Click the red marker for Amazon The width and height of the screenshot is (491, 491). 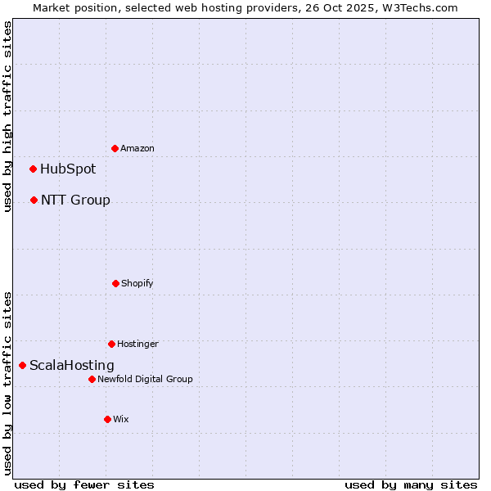pyautogui.click(x=115, y=148)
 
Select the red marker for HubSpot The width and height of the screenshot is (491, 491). pyautogui.click(x=33, y=169)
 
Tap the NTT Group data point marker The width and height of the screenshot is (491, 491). pyautogui.click(x=34, y=200)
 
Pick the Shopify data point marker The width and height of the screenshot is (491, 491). pyautogui.click(x=115, y=283)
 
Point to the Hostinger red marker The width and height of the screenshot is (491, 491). pyautogui.click(x=111, y=344)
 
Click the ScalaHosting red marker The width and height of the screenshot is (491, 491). pyautogui.click(x=22, y=365)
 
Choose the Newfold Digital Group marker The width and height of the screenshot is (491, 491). pyautogui.click(x=92, y=379)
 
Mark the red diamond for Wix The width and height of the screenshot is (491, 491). pyautogui.click(x=107, y=419)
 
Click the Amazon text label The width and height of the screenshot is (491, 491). pyautogui.click(x=137, y=148)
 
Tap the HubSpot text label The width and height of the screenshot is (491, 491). pyautogui.click(x=68, y=169)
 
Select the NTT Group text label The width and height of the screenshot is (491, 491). pyautogui.click(x=75, y=200)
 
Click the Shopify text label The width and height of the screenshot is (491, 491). pyautogui.click(x=137, y=283)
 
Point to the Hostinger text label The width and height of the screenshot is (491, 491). pyautogui.click(x=137, y=344)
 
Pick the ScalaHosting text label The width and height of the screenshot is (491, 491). pyautogui.click(x=72, y=365)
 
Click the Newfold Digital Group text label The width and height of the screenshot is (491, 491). pyautogui.click(x=145, y=379)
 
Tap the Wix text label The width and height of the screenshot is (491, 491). pyautogui.click(x=121, y=419)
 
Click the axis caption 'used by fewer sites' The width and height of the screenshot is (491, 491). pyautogui.click(x=84, y=484)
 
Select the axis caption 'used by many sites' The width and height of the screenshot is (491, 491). pyautogui.click(x=411, y=484)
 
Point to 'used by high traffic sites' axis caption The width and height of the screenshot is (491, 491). pyautogui.click(x=7, y=116)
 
